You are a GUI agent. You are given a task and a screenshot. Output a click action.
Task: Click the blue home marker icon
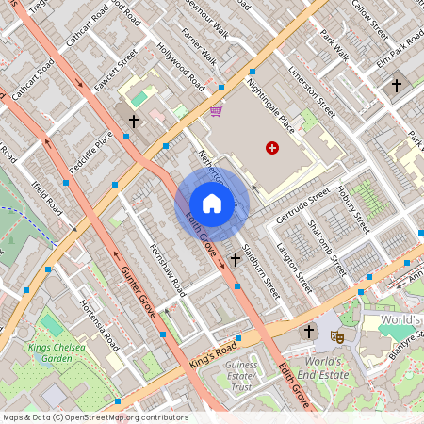click(x=212, y=204)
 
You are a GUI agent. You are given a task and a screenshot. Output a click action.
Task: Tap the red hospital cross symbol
click(x=272, y=148)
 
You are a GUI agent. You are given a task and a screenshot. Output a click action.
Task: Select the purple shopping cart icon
click(x=217, y=111)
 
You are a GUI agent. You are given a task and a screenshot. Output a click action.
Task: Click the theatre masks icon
click(x=337, y=334)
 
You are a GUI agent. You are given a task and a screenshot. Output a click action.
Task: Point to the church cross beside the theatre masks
click(x=308, y=332)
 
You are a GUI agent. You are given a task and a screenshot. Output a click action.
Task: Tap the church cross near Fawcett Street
click(x=134, y=122)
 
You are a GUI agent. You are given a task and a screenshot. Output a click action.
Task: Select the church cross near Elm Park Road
click(x=397, y=86)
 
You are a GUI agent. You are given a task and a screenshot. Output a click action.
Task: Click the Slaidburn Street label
click(x=261, y=272)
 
